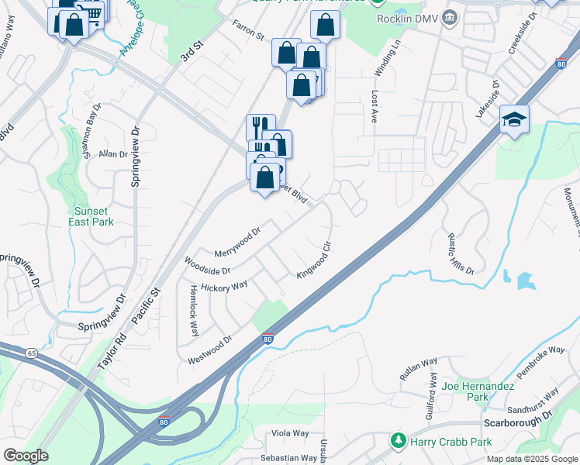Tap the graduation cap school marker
click(x=513, y=119)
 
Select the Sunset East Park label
click(x=94, y=215)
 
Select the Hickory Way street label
click(x=224, y=287)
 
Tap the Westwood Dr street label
click(x=209, y=350)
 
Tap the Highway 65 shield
click(x=31, y=353)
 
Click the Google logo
click(x=25, y=456)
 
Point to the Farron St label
click(x=248, y=31)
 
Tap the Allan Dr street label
click(x=113, y=154)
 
